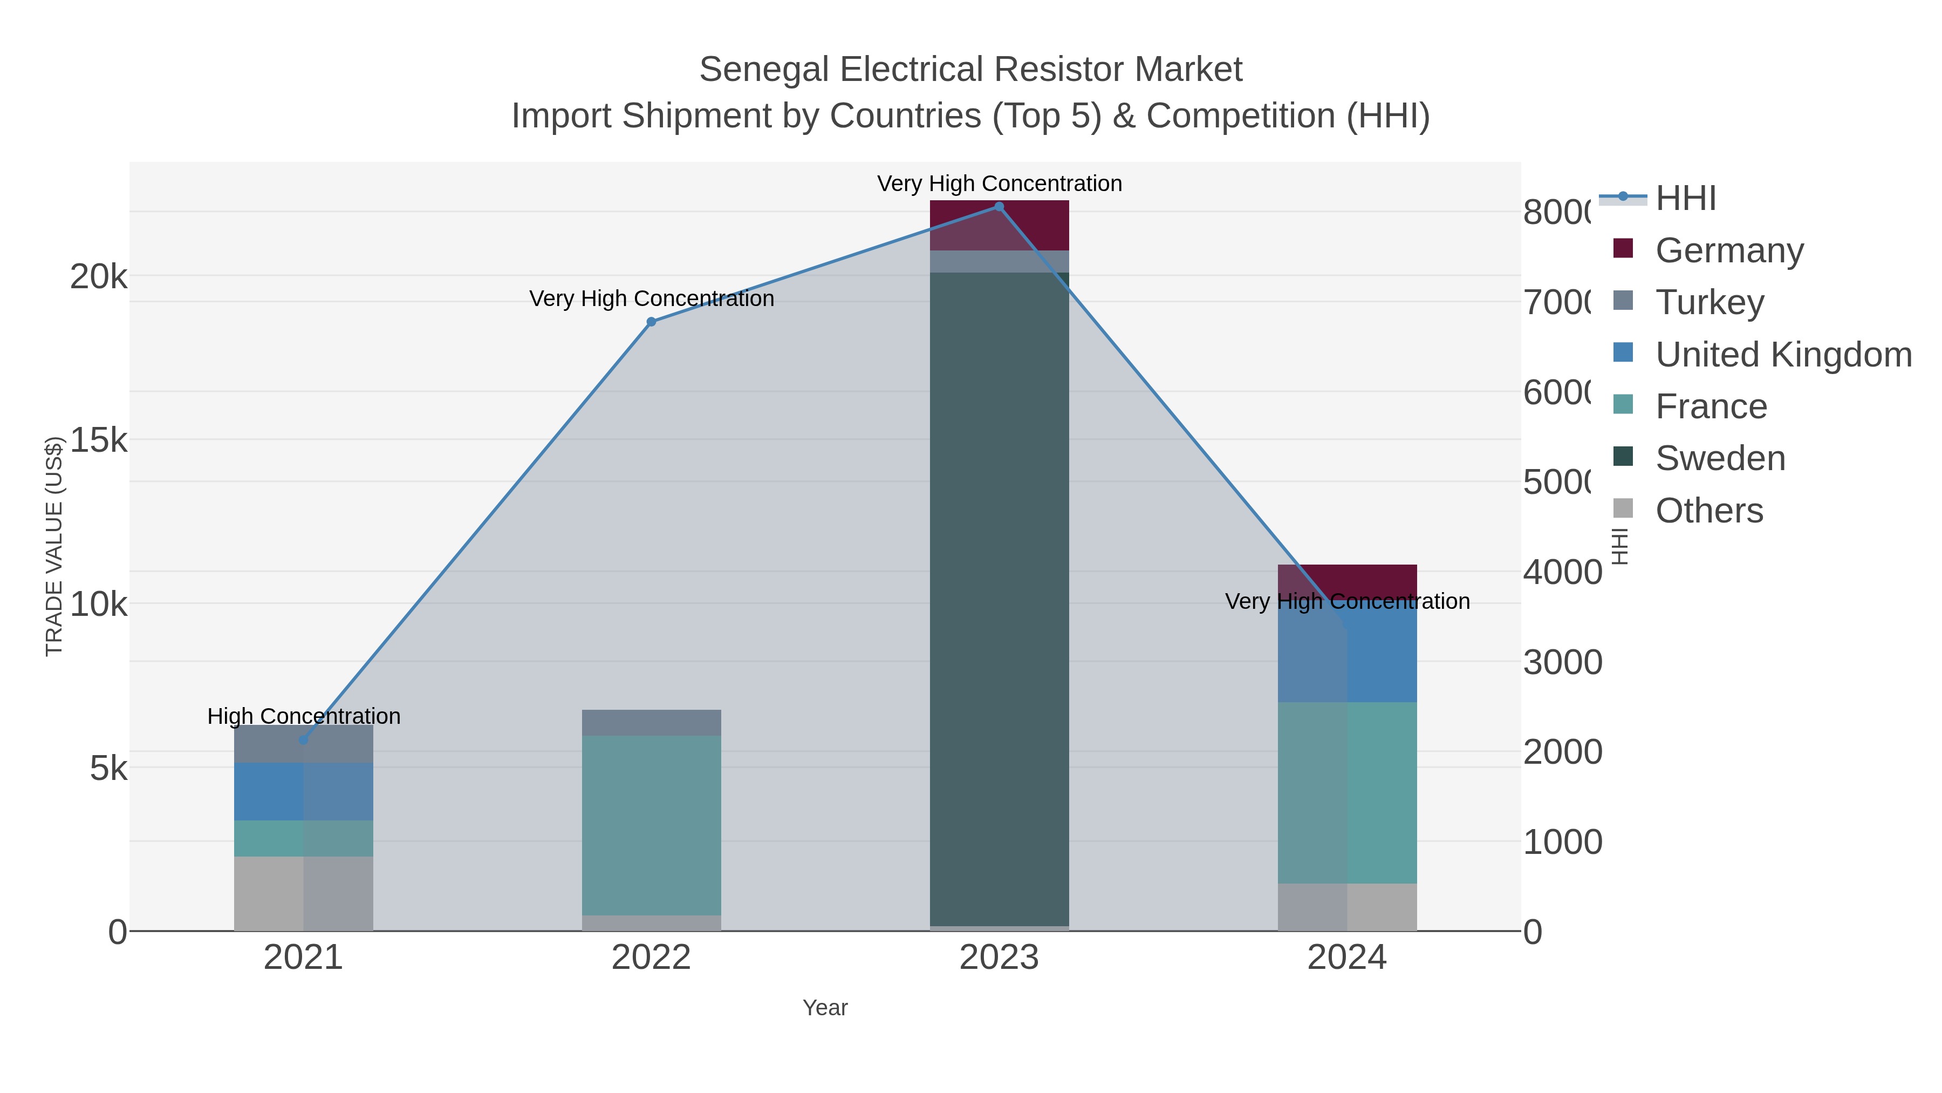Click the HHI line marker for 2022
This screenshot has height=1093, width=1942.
coord(651,322)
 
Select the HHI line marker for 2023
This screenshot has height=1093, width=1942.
coord(999,207)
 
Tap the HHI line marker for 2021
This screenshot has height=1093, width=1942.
coord(304,740)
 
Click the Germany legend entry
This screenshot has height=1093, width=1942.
coord(1729,250)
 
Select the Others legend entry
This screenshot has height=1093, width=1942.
coord(1708,511)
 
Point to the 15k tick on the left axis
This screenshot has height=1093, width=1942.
coord(98,440)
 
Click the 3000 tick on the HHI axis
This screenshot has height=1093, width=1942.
coord(1562,662)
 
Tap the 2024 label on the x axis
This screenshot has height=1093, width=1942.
coord(1346,958)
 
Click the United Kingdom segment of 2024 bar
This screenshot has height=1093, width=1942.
coord(1346,653)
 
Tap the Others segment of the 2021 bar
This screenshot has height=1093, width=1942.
coord(304,893)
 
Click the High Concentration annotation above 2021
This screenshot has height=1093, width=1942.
coord(304,716)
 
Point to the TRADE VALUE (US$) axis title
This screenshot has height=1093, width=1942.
coord(54,546)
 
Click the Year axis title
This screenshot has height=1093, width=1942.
coord(825,1008)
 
